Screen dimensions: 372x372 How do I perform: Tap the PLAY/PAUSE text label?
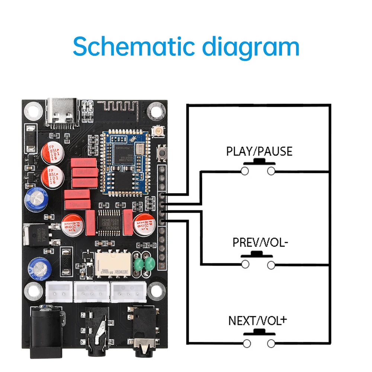coord(259,151)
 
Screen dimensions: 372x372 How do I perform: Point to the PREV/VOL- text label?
coord(260,243)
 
